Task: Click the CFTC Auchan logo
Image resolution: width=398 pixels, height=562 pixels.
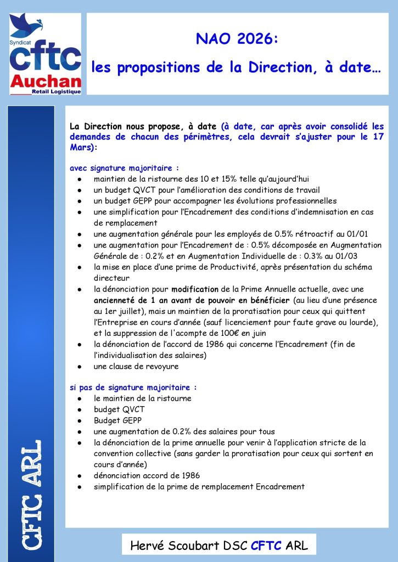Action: [x=46, y=54]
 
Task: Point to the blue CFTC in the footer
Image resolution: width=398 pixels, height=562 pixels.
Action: [x=265, y=546]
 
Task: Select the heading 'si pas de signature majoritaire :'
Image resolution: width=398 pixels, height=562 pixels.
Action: [x=133, y=387]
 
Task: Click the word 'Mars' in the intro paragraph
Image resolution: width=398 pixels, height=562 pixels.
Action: [x=81, y=148]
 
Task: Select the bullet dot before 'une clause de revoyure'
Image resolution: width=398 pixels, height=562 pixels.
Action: [x=80, y=366]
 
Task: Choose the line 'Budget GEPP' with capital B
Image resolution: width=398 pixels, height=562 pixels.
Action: [x=118, y=420]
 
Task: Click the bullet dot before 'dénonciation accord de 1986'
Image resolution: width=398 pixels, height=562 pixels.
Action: [x=80, y=475]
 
